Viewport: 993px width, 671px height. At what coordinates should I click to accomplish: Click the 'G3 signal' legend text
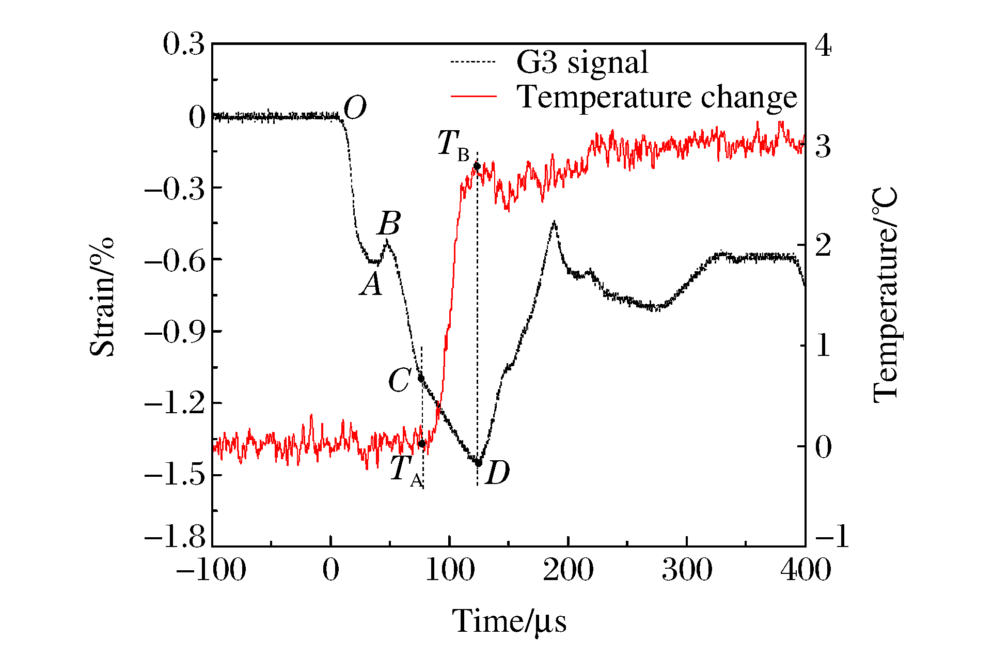582,63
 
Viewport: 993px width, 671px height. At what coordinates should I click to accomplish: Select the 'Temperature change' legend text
657,97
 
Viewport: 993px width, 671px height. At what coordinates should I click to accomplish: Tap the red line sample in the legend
473,97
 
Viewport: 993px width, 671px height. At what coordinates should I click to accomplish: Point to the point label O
355,108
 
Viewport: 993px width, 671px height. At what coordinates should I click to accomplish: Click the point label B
389,224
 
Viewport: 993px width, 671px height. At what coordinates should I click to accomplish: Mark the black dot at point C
421,379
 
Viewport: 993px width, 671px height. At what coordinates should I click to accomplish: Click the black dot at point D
479,463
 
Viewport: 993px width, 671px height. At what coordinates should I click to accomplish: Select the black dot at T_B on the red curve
477,166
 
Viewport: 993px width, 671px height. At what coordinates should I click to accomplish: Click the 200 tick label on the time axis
568,571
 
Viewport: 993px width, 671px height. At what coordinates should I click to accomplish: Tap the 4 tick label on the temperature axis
823,46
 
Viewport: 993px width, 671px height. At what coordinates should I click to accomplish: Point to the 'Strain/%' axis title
102,297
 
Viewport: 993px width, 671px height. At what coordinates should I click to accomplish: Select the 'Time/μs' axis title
509,621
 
